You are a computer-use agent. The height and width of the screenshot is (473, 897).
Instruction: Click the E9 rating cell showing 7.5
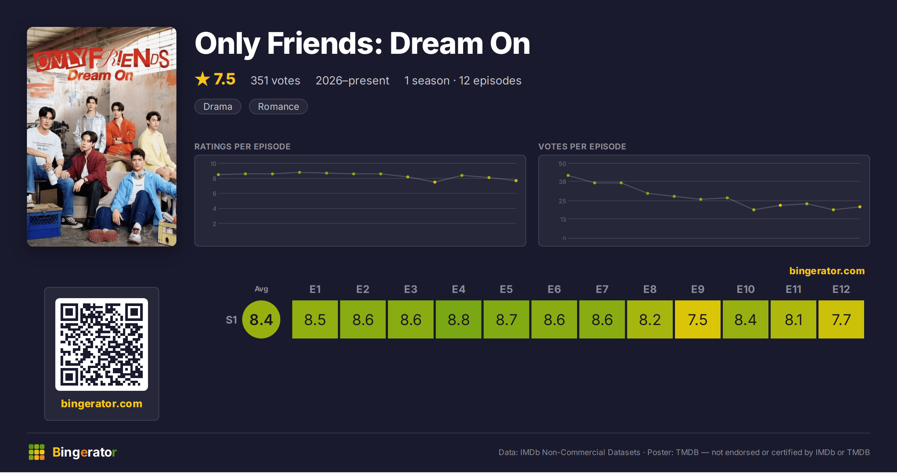(697, 319)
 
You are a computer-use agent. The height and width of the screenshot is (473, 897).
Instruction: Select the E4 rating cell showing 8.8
(458, 319)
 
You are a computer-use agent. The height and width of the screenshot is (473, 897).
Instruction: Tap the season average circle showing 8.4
(261, 319)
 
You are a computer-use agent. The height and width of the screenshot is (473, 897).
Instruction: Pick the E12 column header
(841, 289)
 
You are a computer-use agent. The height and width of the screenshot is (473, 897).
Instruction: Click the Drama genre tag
(218, 106)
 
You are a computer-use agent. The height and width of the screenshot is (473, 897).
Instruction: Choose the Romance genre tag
(278, 106)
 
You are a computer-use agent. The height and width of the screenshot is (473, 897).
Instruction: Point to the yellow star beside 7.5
(203, 79)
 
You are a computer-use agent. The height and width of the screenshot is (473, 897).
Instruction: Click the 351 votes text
(275, 80)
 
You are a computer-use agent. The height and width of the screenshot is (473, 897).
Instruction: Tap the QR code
(102, 344)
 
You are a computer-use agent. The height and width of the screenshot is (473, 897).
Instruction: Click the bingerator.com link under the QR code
(102, 404)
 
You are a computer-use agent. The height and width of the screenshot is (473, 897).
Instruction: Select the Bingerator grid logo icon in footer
(37, 452)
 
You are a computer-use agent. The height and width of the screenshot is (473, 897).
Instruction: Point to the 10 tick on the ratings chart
(213, 164)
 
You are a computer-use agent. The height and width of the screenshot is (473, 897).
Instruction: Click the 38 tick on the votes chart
(562, 182)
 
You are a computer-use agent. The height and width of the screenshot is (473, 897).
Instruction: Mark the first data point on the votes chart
(568, 175)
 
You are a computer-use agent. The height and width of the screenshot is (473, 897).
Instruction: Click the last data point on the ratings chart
(516, 181)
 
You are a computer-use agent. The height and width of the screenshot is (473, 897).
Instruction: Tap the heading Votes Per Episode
(582, 146)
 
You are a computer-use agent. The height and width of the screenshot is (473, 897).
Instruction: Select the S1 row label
(231, 320)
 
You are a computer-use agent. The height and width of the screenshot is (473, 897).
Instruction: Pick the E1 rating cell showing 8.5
(315, 319)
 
